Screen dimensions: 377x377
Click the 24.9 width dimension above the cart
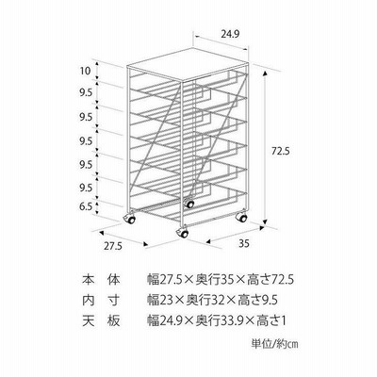tap(230, 34)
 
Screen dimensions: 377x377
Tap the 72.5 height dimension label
tap(280, 152)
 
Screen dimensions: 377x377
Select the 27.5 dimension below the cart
tap(113, 246)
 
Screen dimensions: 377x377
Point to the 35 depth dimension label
tap(244, 244)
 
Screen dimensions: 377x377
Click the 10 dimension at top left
tap(85, 71)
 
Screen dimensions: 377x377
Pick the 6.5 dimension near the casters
tap(86, 206)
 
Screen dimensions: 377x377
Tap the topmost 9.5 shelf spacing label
tap(86, 92)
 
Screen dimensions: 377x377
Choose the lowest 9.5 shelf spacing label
tap(86, 188)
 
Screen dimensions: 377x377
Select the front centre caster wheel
tap(182, 233)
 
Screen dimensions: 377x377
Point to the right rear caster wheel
tap(241, 217)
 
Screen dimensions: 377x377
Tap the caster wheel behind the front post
tap(189, 204)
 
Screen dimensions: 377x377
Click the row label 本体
tap(101, 279)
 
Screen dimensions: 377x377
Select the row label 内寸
tap(101, 301)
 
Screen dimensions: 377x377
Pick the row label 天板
tap(101, 321)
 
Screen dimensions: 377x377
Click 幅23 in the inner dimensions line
tap(161, 301)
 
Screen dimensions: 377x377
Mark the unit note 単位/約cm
tap(274, 344)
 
